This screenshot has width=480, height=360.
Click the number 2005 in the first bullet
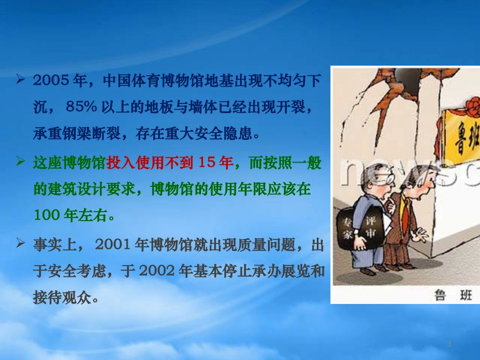click(49, 80)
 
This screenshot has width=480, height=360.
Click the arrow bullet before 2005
click(21, 80)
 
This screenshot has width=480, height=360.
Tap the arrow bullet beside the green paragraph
click(21, 162)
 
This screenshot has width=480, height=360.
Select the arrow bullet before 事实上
click(21, 244)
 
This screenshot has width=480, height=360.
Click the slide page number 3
click(449, 344)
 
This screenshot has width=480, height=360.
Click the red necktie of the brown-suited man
click(405, 212)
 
